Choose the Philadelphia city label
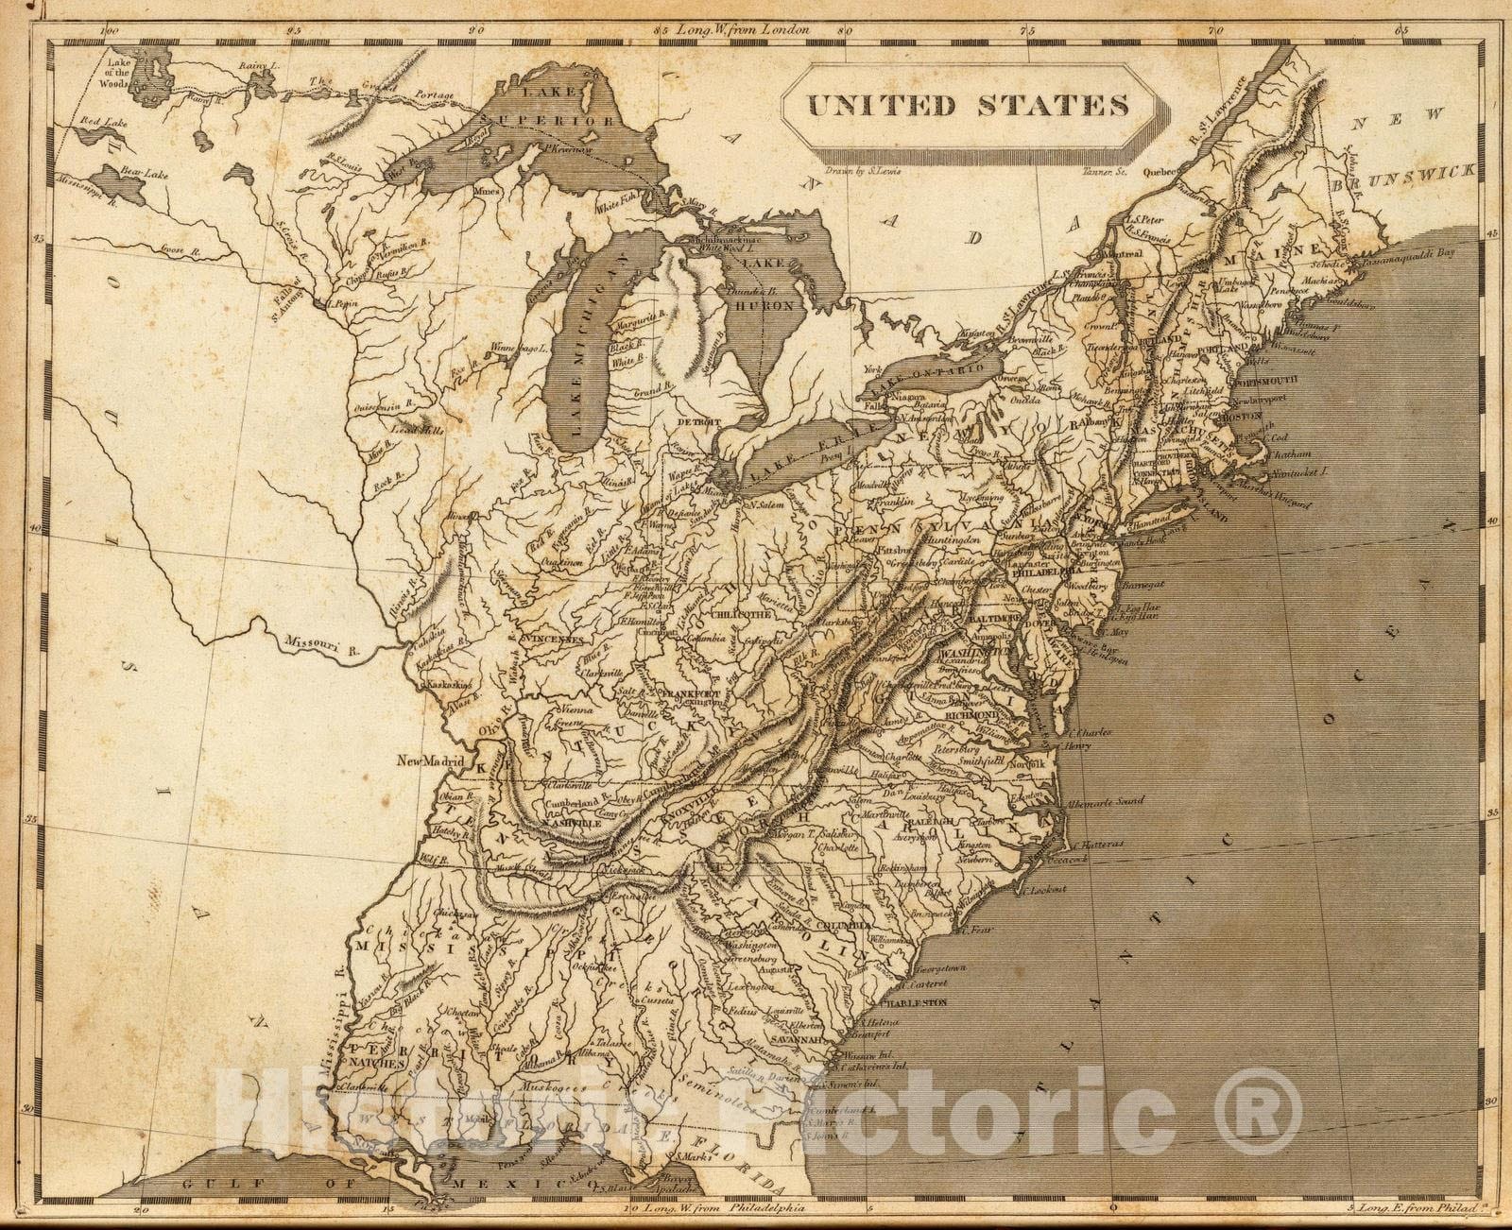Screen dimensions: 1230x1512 (x=1045, y=571)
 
